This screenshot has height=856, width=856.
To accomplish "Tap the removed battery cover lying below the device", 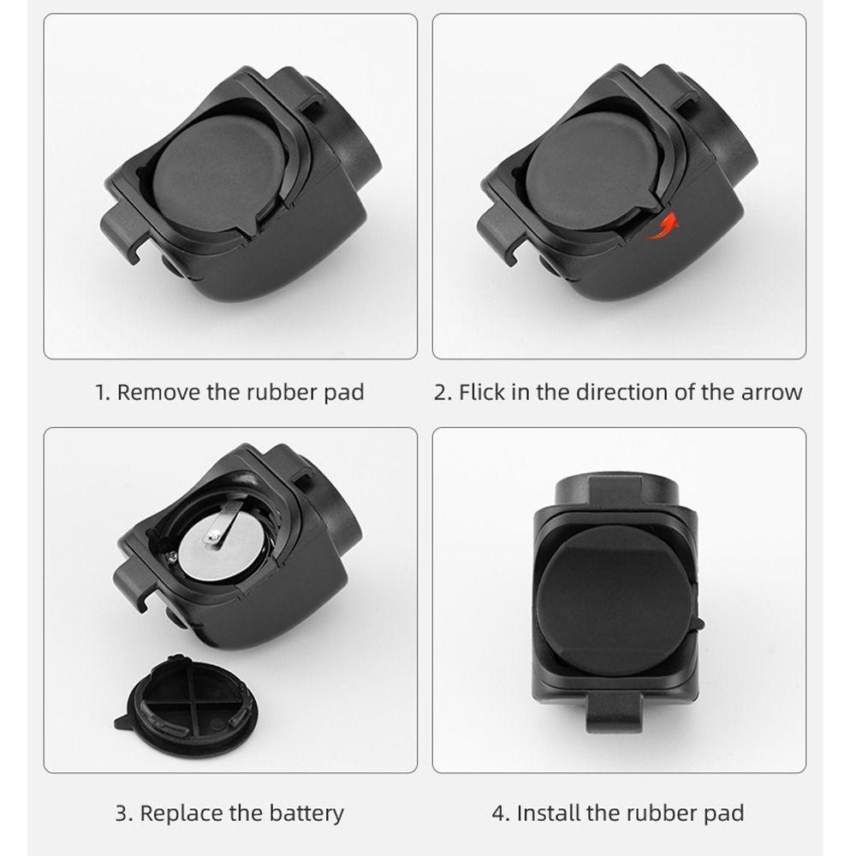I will pos(190,704).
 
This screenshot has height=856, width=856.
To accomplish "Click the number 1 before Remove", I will pos(101,393).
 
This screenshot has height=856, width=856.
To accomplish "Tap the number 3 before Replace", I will pos(122,812).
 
